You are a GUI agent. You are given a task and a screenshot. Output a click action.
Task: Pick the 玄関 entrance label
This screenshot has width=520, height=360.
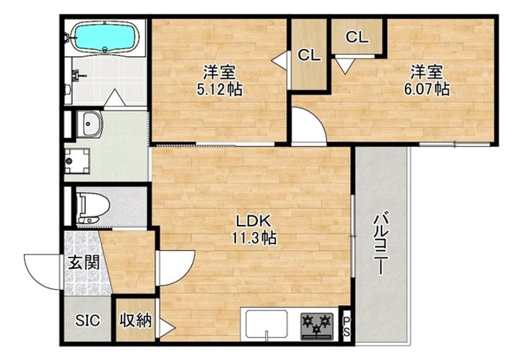coord(84,263)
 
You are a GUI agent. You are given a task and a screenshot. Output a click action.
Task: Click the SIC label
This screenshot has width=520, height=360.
coord(89,320)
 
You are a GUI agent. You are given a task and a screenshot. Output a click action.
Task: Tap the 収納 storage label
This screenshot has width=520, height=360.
coord(136,320)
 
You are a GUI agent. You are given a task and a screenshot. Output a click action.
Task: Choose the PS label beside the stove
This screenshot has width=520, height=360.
coord(346,325)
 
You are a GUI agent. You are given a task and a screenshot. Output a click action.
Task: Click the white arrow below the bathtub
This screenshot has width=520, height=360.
coord(115,97)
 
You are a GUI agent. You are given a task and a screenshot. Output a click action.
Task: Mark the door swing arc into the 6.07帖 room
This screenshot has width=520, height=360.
coord(307,127)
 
